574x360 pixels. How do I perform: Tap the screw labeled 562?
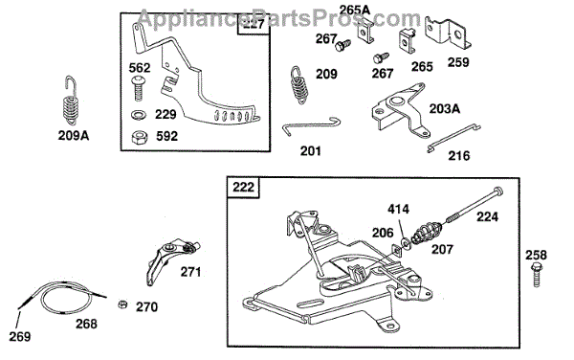pos(139,88)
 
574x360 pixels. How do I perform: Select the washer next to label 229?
pos(139,115)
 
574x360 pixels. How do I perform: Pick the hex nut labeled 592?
pos(139,138)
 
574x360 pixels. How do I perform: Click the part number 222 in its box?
pos(243,187)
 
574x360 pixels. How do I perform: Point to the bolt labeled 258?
pos(537,274)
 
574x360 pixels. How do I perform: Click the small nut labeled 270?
pos(122,304)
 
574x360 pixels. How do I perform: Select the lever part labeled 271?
pos(170,259)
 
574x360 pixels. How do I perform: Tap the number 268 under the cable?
pos(86,324)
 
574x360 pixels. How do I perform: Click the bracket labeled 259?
pos(448,34)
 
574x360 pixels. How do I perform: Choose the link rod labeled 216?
pos(453,138)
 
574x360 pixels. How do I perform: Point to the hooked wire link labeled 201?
pos(311,125)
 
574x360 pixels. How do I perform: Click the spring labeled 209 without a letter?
pos(300,85)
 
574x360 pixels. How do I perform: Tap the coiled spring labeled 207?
pos(428,233)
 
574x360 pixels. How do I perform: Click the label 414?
pos(398,210)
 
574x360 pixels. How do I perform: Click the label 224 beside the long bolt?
pos(487,216)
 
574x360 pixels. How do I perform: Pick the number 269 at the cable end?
pos(20,336)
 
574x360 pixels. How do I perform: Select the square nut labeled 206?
pos(396,250)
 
